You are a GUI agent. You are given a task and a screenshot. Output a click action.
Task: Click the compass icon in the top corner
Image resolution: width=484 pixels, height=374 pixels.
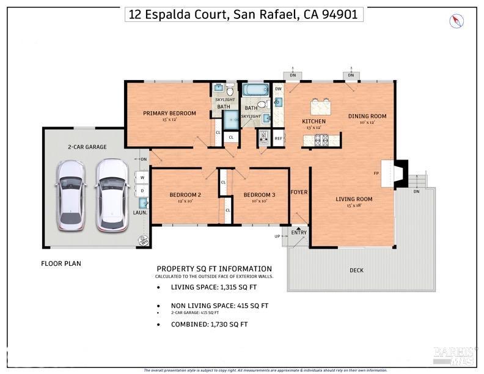(457, 21)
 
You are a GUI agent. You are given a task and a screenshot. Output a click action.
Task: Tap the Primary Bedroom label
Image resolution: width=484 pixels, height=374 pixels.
(169, 113)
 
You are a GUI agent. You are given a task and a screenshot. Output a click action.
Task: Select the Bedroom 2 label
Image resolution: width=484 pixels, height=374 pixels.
(185, 195)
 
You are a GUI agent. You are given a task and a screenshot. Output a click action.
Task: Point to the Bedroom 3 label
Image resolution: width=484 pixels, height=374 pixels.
(259, 195)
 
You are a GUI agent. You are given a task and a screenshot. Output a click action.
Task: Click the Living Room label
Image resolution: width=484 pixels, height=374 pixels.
(354, 199)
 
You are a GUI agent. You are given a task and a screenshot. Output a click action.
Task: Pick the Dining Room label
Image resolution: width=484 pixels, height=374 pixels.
(367, 116)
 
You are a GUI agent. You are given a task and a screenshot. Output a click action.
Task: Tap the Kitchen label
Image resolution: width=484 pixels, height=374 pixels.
(314, 122)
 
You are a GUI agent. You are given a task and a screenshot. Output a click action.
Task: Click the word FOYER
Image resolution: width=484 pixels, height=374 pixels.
(299, 193)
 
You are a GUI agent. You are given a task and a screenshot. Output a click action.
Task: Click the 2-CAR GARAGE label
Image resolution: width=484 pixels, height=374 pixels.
(87, 147)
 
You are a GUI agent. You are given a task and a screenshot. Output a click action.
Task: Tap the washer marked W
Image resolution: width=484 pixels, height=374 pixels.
(142, 178)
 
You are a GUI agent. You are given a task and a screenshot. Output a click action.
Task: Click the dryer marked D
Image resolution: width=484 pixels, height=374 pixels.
(142, 191)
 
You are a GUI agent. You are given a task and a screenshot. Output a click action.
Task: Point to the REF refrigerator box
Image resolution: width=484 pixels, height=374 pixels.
(279, 138)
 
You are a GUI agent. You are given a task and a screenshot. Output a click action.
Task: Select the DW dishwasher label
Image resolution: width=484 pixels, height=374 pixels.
(278, 89)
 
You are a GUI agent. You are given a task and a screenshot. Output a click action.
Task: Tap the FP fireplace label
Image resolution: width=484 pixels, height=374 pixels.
(376, 173)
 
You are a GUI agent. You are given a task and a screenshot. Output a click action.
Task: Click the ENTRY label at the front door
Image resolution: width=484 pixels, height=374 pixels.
(299, 232)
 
